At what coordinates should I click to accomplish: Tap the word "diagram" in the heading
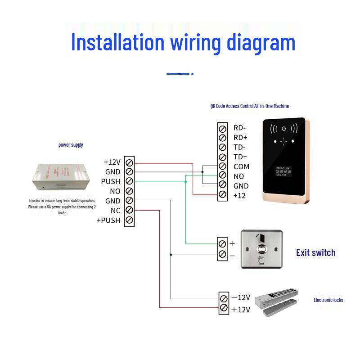261,43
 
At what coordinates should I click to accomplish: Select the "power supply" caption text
71,145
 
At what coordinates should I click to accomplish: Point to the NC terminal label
115,211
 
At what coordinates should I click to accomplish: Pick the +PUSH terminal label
108,220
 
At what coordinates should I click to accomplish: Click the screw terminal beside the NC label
130,211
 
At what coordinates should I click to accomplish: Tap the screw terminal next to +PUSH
130,220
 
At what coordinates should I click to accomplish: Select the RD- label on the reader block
239,128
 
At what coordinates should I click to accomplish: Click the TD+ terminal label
240,157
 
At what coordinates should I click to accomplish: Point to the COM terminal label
241,166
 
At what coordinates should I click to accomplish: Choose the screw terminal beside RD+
222,137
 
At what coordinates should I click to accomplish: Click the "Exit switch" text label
315,253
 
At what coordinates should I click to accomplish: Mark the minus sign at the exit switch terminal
232,256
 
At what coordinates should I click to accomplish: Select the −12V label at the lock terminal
241,297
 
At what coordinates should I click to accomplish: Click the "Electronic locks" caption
328,300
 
